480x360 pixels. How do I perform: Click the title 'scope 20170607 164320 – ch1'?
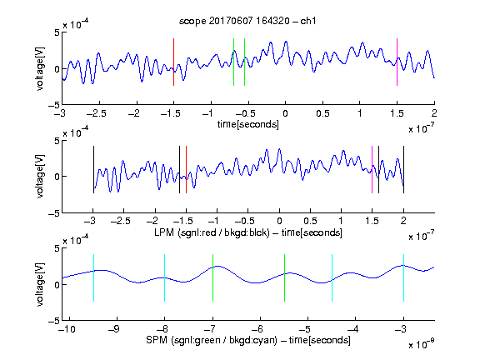(247, 21)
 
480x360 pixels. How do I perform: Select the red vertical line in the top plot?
(173, 62)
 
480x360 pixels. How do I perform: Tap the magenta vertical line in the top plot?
(397, 62)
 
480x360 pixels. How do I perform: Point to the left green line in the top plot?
(233, 62)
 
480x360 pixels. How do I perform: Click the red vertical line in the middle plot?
(186, 170)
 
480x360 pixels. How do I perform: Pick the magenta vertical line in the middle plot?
(372, 170)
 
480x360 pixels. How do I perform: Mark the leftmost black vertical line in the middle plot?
(93, 170)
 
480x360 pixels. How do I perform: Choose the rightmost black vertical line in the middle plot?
(403, 170)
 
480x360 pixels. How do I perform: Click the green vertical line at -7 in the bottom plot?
(212, 278)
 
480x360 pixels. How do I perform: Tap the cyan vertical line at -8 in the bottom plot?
(165, 278)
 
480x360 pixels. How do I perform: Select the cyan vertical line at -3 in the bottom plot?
(403, 278)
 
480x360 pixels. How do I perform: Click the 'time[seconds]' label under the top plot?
(248, 124)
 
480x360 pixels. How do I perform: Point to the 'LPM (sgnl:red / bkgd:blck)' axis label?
(212, 232)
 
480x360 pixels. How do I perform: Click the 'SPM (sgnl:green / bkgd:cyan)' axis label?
(212, 340)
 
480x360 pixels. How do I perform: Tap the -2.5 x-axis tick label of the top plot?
(97, 113)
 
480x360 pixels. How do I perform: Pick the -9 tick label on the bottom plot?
(114, 329)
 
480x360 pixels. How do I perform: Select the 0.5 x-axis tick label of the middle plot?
(310, 221)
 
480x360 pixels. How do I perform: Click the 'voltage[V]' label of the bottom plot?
(40, 285)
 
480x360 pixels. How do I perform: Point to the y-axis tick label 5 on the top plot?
(57, 32)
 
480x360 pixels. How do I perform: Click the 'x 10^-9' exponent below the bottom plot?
(421, 344)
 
